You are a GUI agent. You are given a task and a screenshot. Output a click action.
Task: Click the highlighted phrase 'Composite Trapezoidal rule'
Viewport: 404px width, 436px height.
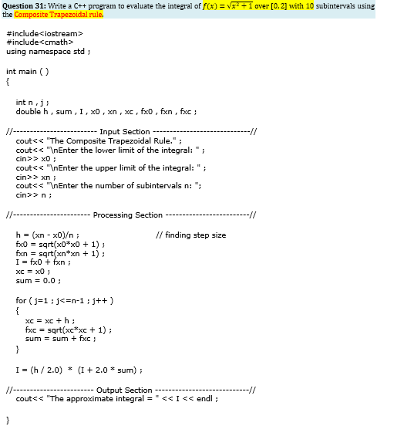pyautogui.click(x=58, y=14)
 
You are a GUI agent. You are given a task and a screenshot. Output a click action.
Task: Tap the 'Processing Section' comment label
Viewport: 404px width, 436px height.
pyautogui.click(x=127, y=215)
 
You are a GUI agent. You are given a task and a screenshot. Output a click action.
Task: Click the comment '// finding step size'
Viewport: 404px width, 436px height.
pyautogui.click(x=190, y=235)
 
